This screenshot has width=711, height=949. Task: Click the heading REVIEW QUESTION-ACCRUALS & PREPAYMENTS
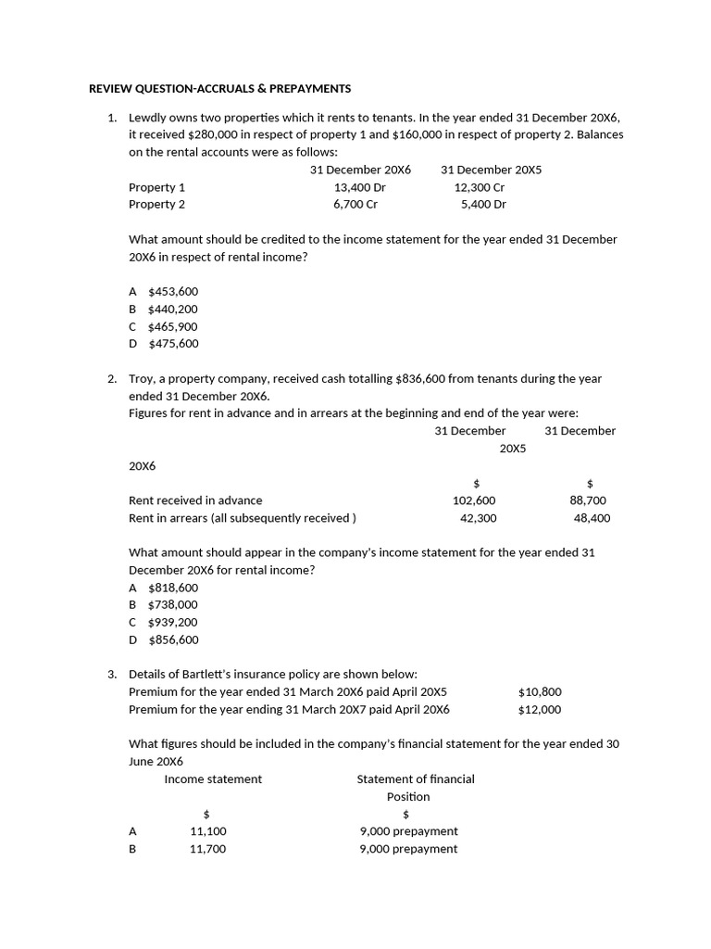click(x=219, y=89)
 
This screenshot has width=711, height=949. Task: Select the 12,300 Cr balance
click(x=480, y=187)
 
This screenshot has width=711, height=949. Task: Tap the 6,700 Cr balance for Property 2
click(x=355, y=204)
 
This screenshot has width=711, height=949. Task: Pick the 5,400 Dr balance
click(x=483, y=204)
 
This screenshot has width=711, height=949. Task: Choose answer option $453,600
click(x=173, y=291)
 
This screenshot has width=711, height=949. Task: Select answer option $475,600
click(x=173, y=343)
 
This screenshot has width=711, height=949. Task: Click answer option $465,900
click(x=173, y=326)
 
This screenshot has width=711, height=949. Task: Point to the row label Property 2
click(x=156, y=204)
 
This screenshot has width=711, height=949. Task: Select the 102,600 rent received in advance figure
click(x=474, y=500)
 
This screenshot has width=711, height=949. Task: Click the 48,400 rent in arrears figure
click(x=592, y=518)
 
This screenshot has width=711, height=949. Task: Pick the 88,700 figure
click(x=588, y=500)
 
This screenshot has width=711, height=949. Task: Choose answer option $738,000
click(x=173, y=604)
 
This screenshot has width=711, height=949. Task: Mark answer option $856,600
click(x=173, y=639)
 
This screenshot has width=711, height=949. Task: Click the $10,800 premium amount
click(x=540, y=692)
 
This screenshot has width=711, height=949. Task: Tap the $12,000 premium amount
click(x=540, y=710)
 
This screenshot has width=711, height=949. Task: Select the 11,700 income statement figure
click(x=207, y=849)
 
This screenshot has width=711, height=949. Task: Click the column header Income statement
click(x=213, y=779)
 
